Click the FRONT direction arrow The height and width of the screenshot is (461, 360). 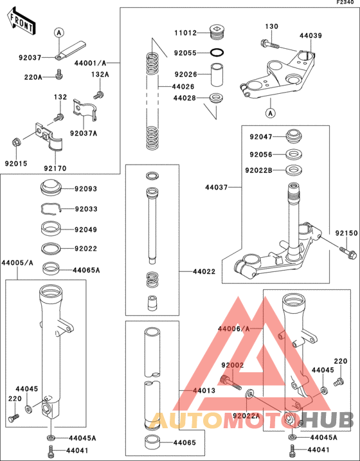(21, 23)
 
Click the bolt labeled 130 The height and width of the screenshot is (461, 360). (269, 44)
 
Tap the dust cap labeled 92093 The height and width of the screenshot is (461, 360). (51, 188)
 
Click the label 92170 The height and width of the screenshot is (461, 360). (55, 168)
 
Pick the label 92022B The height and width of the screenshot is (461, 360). (258, 170)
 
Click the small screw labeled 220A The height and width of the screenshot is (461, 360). (59, 75)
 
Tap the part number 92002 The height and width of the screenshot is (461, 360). (233, 365)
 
